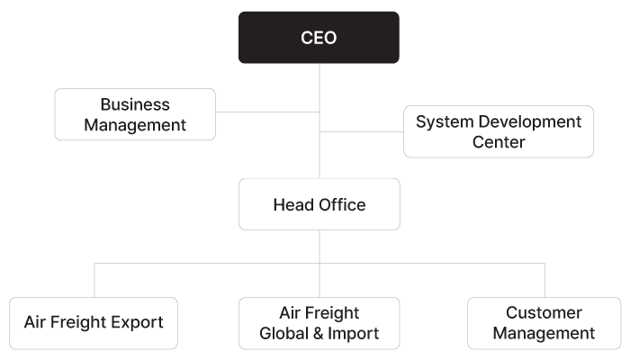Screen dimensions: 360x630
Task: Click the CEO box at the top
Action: pyautogui.click(x=319, y=38)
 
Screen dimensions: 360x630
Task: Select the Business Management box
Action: pyautogui.click(x=135, y=114)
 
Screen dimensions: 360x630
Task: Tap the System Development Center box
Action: pyautogui.click(x=499, y=131)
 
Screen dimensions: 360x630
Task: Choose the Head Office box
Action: pyautogui.click(x=319, y=204)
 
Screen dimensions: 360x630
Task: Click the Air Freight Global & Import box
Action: pyautogui.click(x=319, y=323)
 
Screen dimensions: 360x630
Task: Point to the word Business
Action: pyautogui.click(x=135, y=104)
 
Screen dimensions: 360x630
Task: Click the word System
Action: pyautogui.click(x=442, y=121)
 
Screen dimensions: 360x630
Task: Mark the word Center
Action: pyautogui.click(x=499, y=142)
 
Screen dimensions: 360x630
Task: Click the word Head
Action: pyautogui.click(x=290, y=204)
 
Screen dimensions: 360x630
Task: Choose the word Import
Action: pyautogui.click(x=354, y=334)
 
